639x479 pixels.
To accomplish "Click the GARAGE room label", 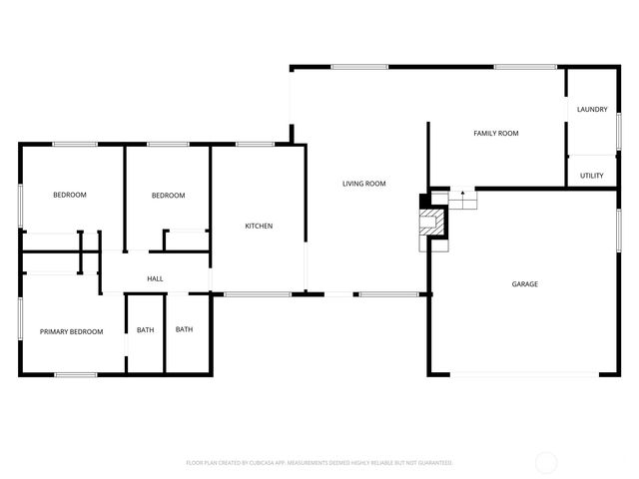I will coord(525,284).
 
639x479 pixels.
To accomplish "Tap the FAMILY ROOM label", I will coord(496,133).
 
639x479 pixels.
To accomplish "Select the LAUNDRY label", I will coord(592,110).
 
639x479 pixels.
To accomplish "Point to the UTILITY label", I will coord(592,175).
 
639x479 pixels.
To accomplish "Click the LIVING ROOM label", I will coord(364,184).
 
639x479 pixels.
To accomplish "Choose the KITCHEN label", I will coord(259,226).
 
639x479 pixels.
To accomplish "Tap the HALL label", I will coord(155,278).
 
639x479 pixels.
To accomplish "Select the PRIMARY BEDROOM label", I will coord(71,331).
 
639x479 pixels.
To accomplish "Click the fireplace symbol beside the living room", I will coord(431,222).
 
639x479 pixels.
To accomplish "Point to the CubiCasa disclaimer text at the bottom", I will coord(319,463).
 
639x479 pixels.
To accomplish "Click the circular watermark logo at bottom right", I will coord(546,462).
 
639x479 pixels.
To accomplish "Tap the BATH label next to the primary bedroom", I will coord(146,330).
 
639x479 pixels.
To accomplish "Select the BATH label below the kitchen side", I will coord(185,329).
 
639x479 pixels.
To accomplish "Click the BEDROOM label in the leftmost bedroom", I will coord(70,195).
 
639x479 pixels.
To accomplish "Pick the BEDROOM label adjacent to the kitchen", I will coord(168,196).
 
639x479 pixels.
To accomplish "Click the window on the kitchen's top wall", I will coord(256,145).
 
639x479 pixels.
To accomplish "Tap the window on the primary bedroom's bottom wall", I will coord(75,374).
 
